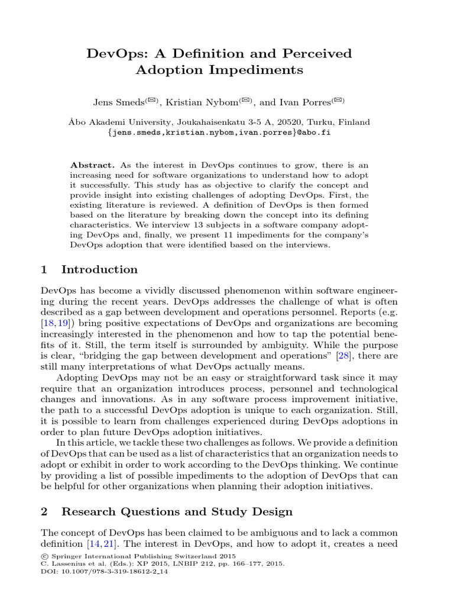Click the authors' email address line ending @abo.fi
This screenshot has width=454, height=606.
click(x=226, y=133)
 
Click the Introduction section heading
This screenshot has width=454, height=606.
click(x=99, y=270)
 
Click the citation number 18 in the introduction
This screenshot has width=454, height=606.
click(x=49, y=324)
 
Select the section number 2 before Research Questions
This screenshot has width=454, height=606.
click(x=44, y=511)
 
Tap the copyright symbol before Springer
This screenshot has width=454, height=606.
click(x=44, y=556)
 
